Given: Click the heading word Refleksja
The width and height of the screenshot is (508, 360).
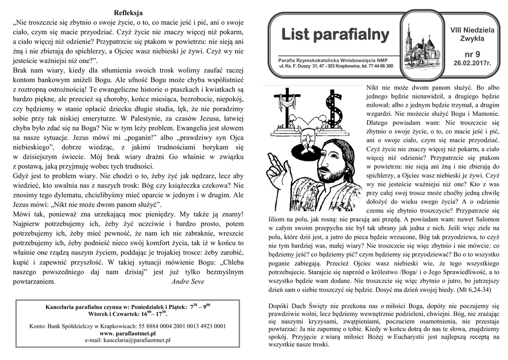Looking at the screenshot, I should click(128, 12).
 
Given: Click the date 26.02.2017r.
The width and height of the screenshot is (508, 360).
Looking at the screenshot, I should click(472, 64).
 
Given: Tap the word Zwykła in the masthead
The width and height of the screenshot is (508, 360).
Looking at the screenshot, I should click(472, 39).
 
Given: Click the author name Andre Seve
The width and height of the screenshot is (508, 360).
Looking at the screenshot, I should click(188, 281).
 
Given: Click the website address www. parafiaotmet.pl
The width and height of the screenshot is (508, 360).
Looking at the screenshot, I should click(128, 333).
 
